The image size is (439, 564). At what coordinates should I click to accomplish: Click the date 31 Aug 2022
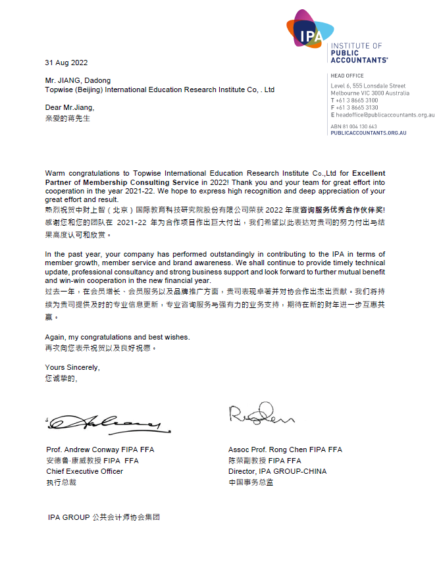coord(66,63)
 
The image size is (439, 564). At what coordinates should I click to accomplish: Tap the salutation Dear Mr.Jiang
coord(70,107)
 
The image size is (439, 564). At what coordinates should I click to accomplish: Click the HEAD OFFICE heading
coord(347,76)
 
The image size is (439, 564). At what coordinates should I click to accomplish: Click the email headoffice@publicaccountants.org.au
coord(385,115)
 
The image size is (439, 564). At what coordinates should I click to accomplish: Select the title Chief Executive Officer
coord(84,472)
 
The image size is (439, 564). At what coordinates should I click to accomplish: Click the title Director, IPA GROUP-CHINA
coord(277,472)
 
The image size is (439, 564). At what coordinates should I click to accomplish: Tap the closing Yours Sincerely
coord(72,367)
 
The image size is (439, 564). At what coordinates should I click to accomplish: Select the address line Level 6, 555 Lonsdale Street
coord(368,86)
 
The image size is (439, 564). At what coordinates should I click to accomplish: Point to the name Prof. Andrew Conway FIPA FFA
coord(100,450)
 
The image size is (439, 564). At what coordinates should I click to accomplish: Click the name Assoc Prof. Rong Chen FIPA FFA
coord(285,450)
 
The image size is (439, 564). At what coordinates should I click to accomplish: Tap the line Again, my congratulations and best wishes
coord(117,337)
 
